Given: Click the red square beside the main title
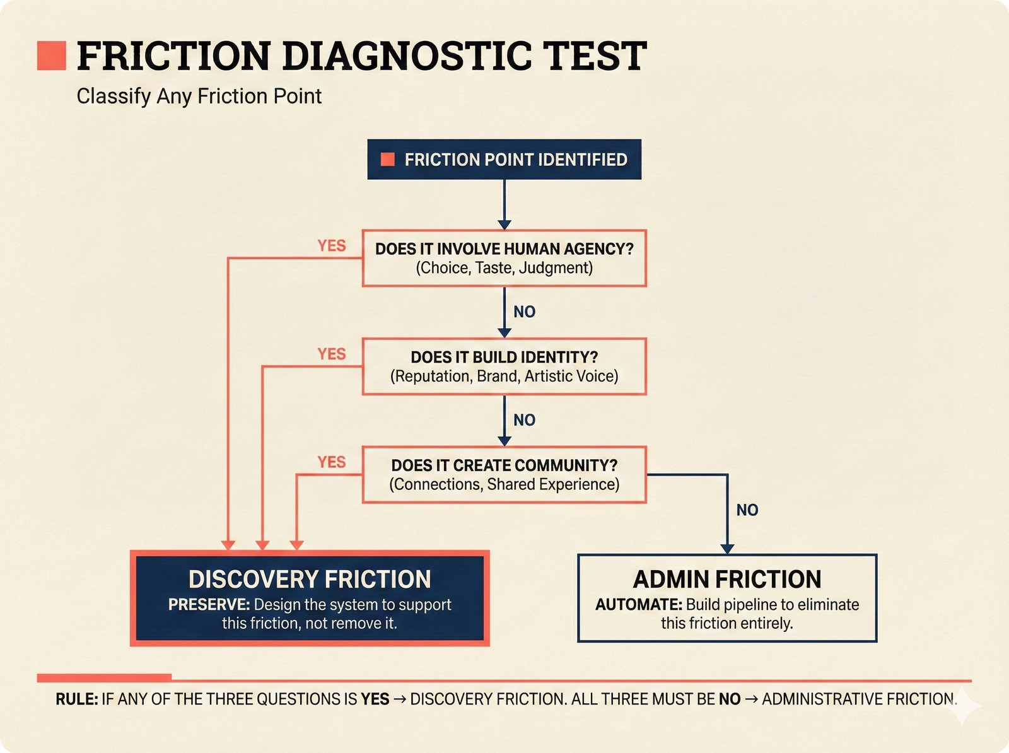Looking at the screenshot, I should (52, 55).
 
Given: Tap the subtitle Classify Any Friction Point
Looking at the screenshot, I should (199, 96).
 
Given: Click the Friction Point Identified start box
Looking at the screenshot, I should (504, 160).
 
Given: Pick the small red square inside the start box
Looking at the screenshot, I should (388, 160).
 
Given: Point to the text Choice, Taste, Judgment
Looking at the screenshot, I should (504, 268).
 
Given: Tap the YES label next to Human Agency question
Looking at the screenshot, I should (332, 245).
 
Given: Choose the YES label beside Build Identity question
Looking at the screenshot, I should (332, 354).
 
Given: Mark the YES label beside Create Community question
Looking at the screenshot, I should (332, 462).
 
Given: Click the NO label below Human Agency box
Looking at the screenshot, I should (524, 312).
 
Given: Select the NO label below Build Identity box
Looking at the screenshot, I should (524, 420).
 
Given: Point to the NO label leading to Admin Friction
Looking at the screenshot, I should (747, 510).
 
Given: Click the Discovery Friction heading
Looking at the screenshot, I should (310, 579).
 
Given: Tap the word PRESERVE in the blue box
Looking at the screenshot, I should (209, 605).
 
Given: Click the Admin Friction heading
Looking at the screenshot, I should (727, 579).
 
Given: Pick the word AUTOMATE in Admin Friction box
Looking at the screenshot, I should (638, 605).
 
